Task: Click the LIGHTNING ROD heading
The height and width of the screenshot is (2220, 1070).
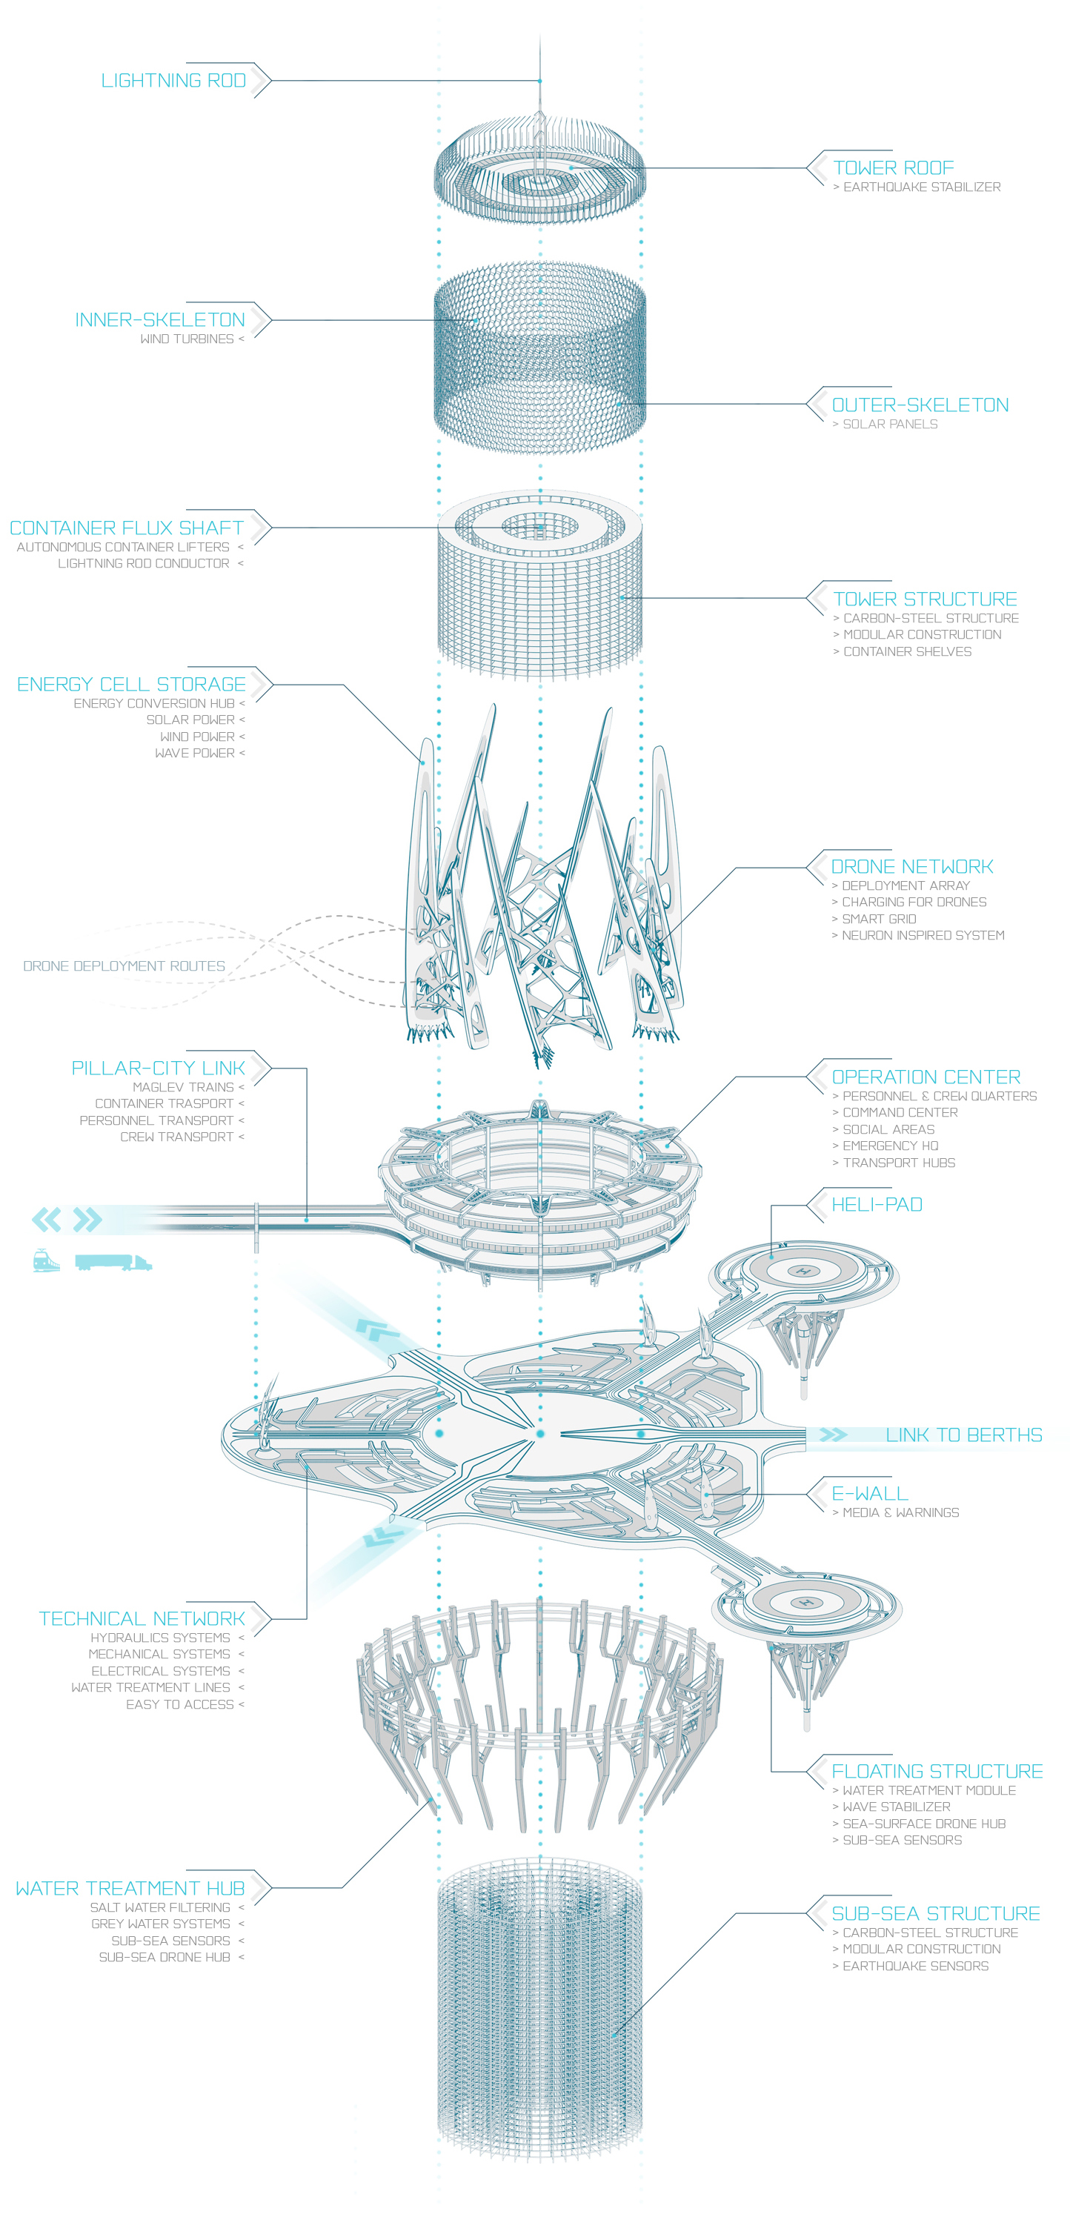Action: coord(173,81)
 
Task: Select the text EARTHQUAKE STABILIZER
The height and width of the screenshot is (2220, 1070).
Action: coord(921,187)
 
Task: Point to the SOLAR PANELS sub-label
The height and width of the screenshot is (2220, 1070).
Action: coord(889,424)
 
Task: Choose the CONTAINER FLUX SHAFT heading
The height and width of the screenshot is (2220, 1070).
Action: coord(127,528)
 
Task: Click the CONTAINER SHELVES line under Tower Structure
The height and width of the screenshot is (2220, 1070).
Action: coord(906,651)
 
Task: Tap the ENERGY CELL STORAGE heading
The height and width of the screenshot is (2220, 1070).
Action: coord(131,684)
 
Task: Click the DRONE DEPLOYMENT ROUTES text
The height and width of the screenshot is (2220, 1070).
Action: coord(124,966)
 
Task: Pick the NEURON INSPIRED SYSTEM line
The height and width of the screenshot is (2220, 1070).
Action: coord(922,935)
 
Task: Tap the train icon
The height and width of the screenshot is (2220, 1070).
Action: coord(47,1262)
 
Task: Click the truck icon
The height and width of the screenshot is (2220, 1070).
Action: coord(113,1263)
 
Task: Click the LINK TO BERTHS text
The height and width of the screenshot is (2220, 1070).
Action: coord(963,1435)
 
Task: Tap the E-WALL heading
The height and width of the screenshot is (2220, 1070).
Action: coord(869,1494)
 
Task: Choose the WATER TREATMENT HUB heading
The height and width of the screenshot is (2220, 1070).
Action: coord(130,1888)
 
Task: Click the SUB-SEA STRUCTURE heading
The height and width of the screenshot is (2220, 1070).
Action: coord(936,1913)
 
